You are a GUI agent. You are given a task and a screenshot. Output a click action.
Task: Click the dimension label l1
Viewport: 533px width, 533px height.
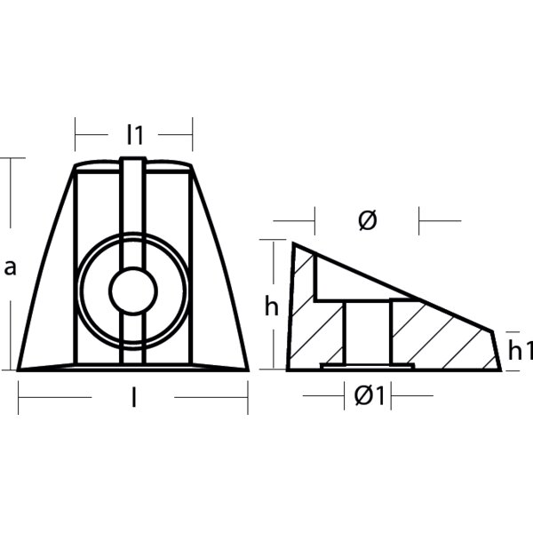click(x=134, y=135)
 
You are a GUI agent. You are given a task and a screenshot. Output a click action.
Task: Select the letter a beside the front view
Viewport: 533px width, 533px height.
click(x=10, y=266)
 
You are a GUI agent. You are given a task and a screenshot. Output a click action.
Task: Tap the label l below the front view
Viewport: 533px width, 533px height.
click(x=133, y=399)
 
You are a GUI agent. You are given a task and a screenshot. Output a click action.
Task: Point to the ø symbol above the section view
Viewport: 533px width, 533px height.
click(x=367, y=219)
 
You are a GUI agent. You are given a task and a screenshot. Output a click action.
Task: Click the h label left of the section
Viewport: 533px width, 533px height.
click(x=272, y=307)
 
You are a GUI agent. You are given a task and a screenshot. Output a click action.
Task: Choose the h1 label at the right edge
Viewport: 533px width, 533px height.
click(x=519, y=351)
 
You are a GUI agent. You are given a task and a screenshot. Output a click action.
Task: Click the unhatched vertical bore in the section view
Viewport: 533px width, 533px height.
click(x=367, y=333)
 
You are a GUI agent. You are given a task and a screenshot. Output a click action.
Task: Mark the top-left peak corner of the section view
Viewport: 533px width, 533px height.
click(x=293, y=244)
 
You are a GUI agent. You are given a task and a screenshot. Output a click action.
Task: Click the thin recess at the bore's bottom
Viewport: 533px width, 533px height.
click(x=367, y=365)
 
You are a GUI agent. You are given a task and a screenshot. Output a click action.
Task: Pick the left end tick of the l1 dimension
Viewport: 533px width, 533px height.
click(x=76, y=135)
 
